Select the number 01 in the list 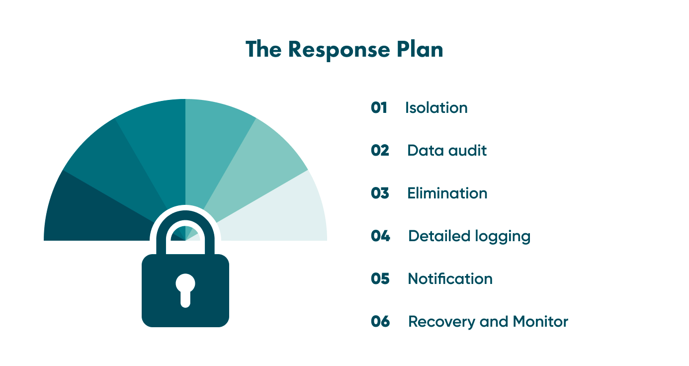pyautogui.click(x=379, y=108)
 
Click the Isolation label pyautogui.click(x=436, y=108)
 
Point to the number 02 pyautogui.click(x=380, y=151)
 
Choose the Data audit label pyautogui.click(x=446, y=151)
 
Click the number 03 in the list pyautogui.click(x=380, y=193)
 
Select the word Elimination pyautogui.click(x=447, y=193)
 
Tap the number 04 pyautogui.click(x=380, y=236)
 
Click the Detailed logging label pyautogui.click(x=469, y=236)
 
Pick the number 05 pyautogui.click(x=380, y=279)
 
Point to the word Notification pyautogui.click(x=450, y=279)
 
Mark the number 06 pyautogui.click(x=380, y=322)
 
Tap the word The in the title pyautogui.click(x=263, y=50)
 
